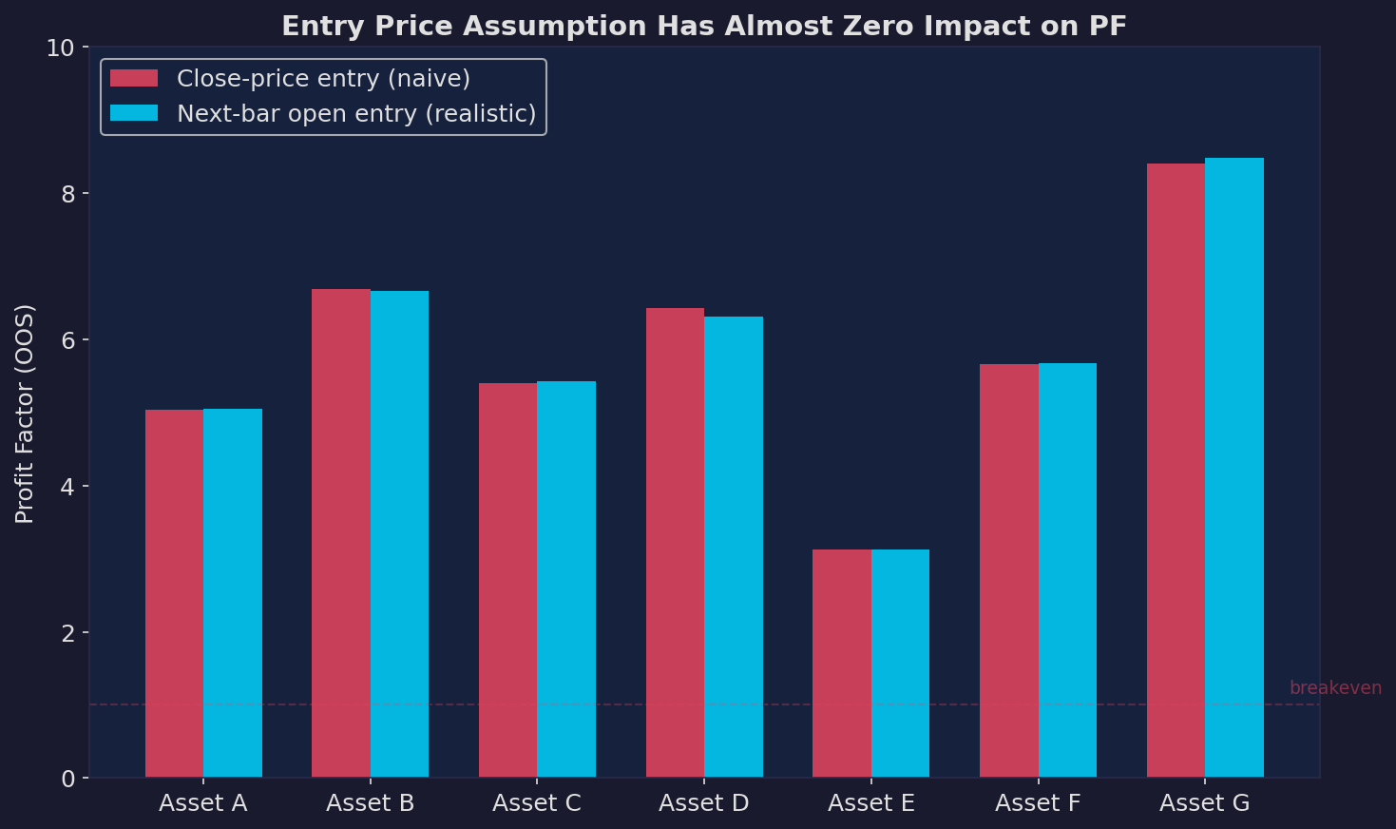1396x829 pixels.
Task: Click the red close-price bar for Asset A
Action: tap(174, 593)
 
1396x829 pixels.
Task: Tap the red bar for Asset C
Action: tap(507, 580)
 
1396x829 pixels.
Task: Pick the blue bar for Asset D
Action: tap(733, 547)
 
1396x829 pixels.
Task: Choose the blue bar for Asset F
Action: tap(1067, 570)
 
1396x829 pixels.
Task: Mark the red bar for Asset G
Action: tap(1176, 471)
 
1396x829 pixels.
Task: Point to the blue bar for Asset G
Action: tap(1233, 468)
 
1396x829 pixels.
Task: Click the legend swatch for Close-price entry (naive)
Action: tap(134, 79)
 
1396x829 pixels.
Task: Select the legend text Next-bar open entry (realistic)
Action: tap(356, 114)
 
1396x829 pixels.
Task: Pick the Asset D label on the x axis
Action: tap(704, 803)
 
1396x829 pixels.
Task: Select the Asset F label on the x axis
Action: tap(1038, 803)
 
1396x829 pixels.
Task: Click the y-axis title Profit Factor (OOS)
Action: tap(26, 414)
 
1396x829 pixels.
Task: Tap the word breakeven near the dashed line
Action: tap(1335, 688)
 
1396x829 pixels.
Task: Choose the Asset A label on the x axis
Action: tap(203, 803)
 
